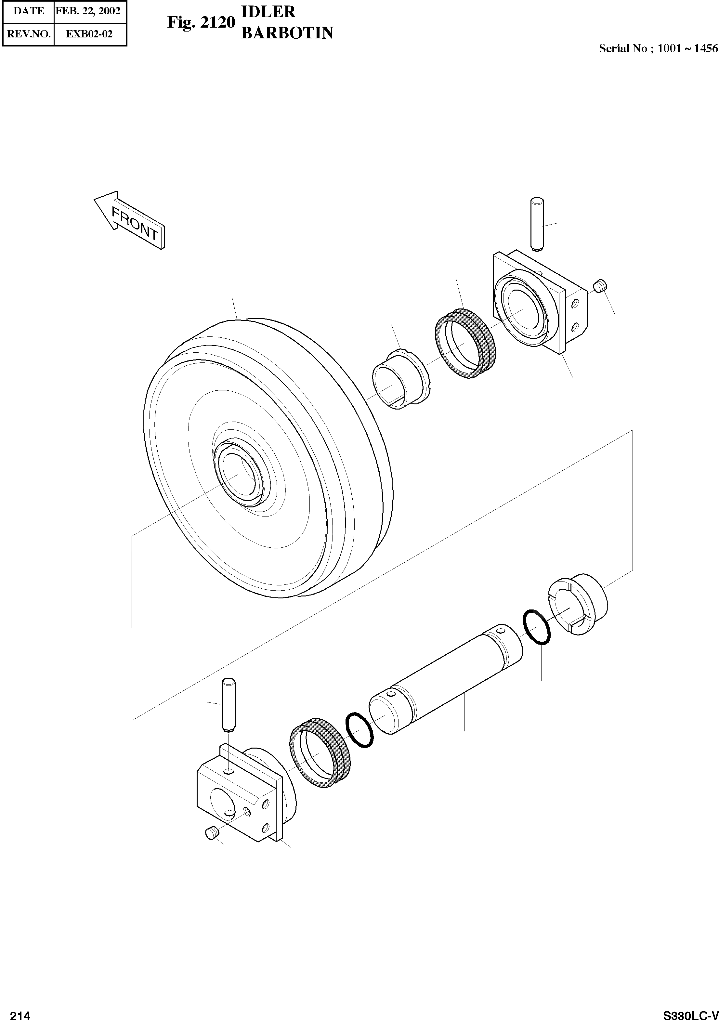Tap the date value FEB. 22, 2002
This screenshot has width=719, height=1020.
(x=88, y=11)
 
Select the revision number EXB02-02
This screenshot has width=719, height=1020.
(x=89, y=34)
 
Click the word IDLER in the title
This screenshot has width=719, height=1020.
(x=268, y=12)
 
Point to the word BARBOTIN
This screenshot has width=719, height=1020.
(x=287, y=33)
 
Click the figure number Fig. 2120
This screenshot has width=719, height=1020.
(x=201, y=22)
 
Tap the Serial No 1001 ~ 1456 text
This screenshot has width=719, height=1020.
(x=658, y=48)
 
